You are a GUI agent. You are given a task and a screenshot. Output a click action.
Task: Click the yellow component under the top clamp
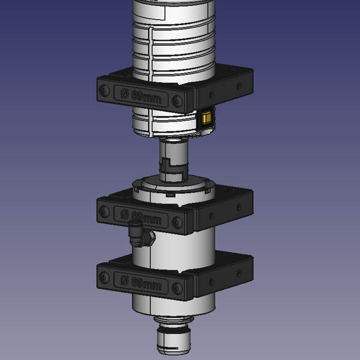tap(206, 119)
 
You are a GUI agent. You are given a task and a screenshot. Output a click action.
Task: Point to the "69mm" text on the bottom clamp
tap(146, 282)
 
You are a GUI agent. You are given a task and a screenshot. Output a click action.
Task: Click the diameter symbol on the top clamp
tap(124, 94)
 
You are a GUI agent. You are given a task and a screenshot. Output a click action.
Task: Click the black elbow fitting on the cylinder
tap(140, 234)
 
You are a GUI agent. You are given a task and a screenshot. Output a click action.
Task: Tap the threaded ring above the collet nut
tap(172, 319)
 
